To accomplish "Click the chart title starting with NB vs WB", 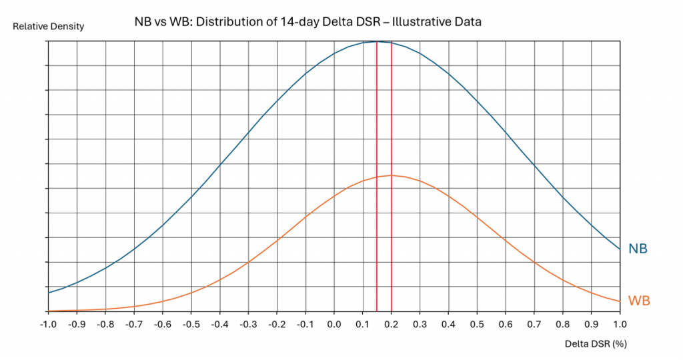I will [x=307, y=22].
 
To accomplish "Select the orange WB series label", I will [x=638, y=301].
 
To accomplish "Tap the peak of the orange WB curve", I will [x=391, y=175].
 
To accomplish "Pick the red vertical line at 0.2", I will [x=391, y=253].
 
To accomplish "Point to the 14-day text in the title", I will [x=265, y=22].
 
